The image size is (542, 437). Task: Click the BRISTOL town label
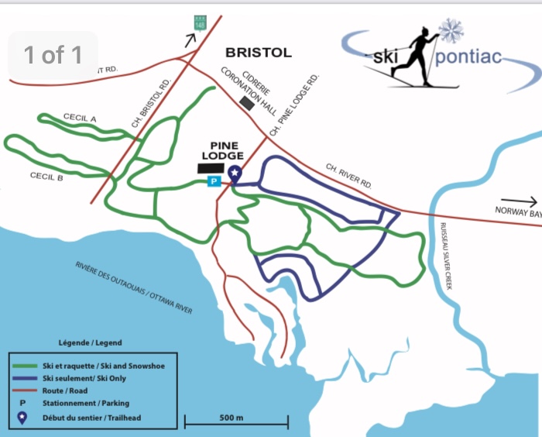[x=258, y=53]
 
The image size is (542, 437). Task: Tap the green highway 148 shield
[x=200, y=24]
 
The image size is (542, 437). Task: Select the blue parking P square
[x=214, y=181]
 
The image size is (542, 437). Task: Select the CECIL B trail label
[x=46, y=177]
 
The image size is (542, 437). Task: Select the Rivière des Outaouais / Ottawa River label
[x=133, y=286]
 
